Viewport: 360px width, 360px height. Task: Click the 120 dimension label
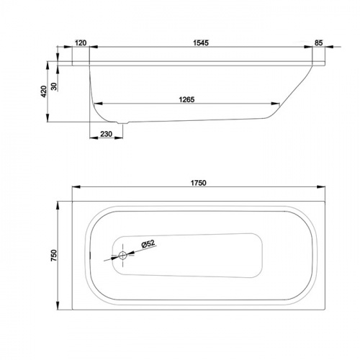(x=81, y=43)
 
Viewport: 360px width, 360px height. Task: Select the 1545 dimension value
(x=201, y=42)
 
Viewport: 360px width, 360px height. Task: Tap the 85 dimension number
(x=318, y=42)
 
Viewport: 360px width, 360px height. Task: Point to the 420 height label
(x=44, y=91)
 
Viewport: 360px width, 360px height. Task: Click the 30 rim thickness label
(x=55, y=86)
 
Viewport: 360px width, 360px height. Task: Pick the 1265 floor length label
(x=186, y=99)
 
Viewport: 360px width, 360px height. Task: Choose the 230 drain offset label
(x=107, y=134)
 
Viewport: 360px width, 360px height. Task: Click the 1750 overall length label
(x=199, y=183)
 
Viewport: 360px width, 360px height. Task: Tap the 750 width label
(x=54, y=256)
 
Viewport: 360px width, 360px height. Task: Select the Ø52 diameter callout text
(x=148, y=244)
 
